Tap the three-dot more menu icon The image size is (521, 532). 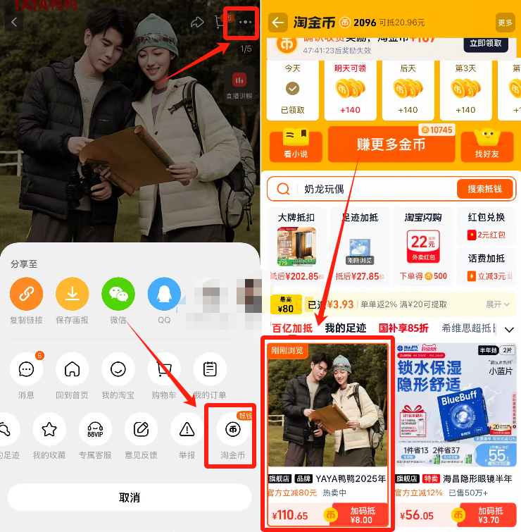pyautogui.click(x=245, y=23)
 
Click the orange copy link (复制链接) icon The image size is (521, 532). pyautogui.click(x=26, y=294)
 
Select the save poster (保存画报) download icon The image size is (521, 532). pyautogui.click(x=72, y=294)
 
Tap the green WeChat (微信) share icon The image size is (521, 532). pyautogui.click(x=118, y=294)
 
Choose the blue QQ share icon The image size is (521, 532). pyautogui.click(x=163, y=294)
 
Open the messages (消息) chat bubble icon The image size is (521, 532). pyautogui.click(x=26, y=369)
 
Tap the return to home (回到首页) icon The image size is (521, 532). pyautogui.click(x=72, y=369)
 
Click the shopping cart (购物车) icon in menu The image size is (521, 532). pyautogui.click(x=163, y=369)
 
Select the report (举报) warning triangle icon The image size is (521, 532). pyautogui.click(x=187, y=429)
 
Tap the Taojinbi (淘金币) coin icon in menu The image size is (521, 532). pyautogui.click(x=232, y=429)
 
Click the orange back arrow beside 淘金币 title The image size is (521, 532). pyautogui.click(x=278, y=23)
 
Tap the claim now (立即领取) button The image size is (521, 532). pyautogui.click(x=485, y=43)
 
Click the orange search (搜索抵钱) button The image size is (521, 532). pyautogui.click(x=484, y=190)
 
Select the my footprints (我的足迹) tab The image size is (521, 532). pyautogui.click(x=345, y=328)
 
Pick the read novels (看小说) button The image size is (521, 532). pyautogui.click(x=296, y=145)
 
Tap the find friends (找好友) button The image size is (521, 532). pyautogui.click(x=487, y=145)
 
